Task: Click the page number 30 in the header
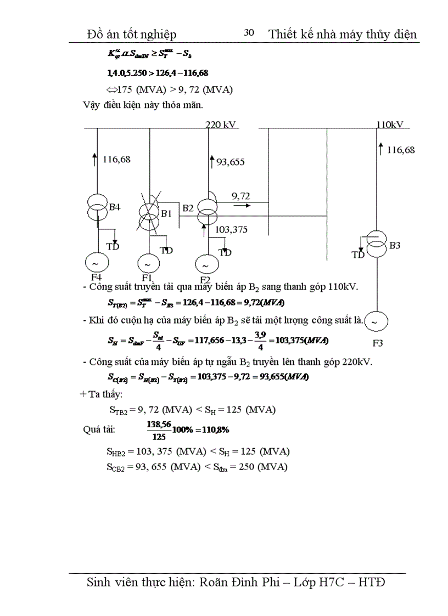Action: [249, 33]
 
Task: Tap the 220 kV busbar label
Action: [221, 125]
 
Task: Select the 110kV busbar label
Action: [390, 125]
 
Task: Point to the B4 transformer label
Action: [114, 207]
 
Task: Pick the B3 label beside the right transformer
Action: [395, 245]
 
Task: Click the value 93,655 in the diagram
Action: [230, 162]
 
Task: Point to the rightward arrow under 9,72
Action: [240, 206]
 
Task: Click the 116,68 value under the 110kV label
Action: [401, 150]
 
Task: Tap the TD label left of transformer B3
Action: [358, 255]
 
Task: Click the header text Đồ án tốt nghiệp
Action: [132, 34]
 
